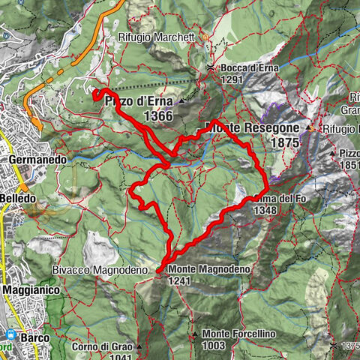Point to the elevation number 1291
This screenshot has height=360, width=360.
[x=232, y=79]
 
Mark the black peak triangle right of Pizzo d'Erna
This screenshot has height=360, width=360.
[x=182, y=100]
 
